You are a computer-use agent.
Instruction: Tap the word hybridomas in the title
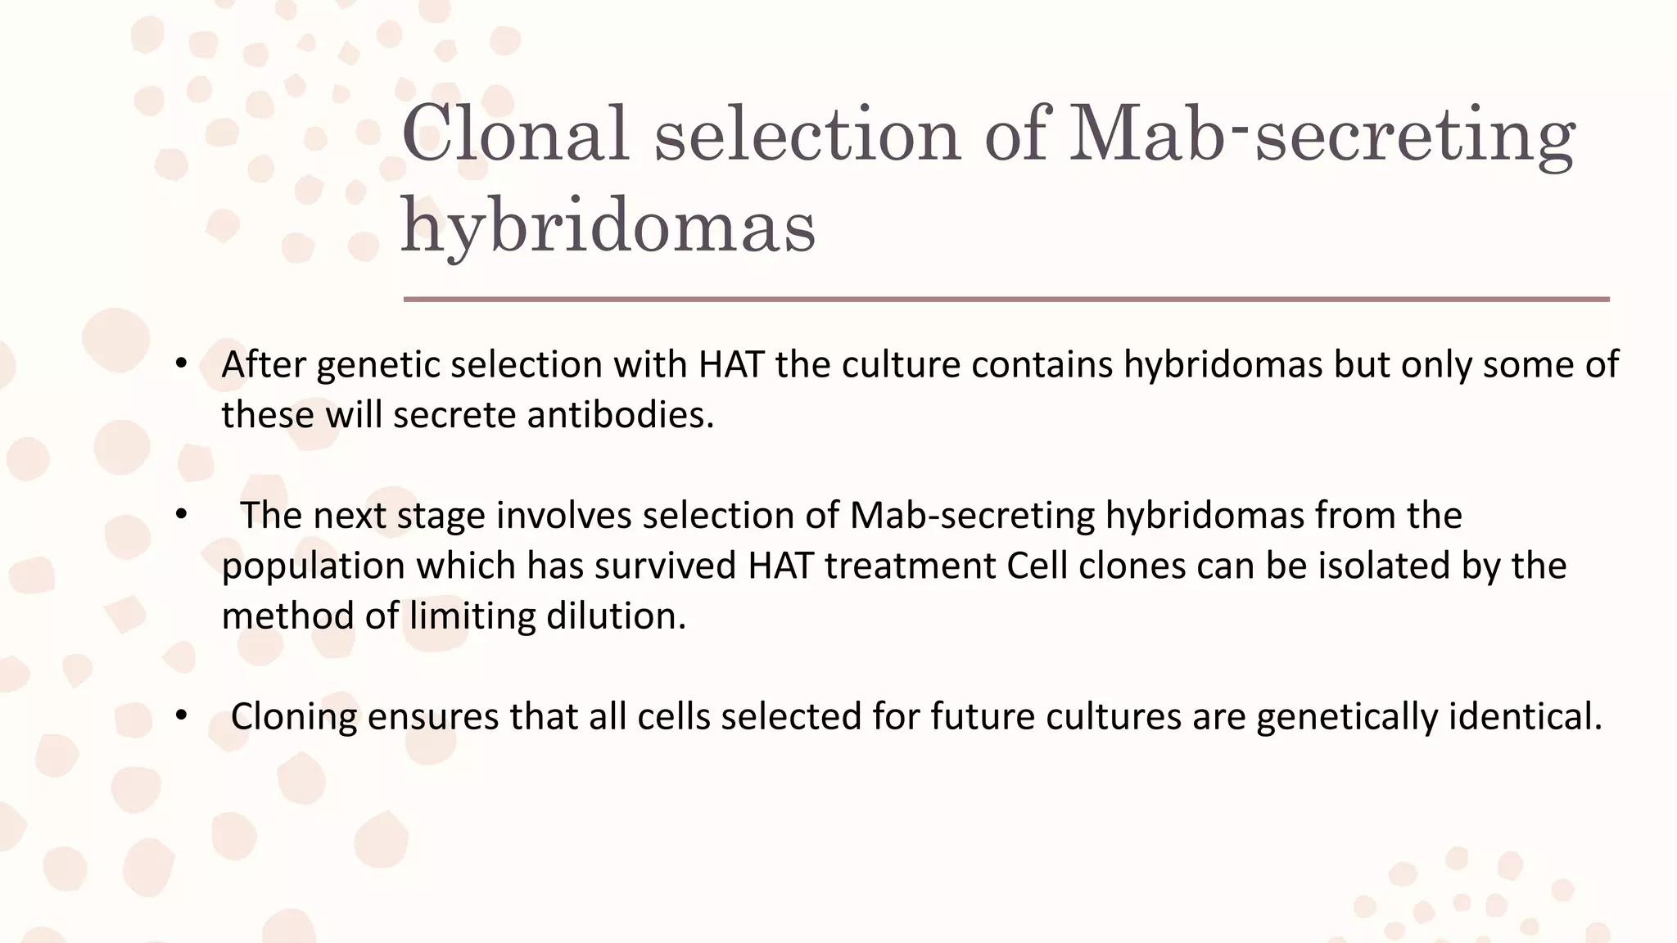tap(608, 226)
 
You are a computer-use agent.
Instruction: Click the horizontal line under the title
tap(1006, 300)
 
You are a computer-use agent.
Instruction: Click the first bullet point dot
tap(182, 364)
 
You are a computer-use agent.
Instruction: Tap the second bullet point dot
tap(182, 515)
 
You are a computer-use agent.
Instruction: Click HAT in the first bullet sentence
tap(732, 365)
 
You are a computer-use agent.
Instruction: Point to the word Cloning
tap(294, 717)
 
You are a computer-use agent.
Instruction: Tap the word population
tap(313, 566)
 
